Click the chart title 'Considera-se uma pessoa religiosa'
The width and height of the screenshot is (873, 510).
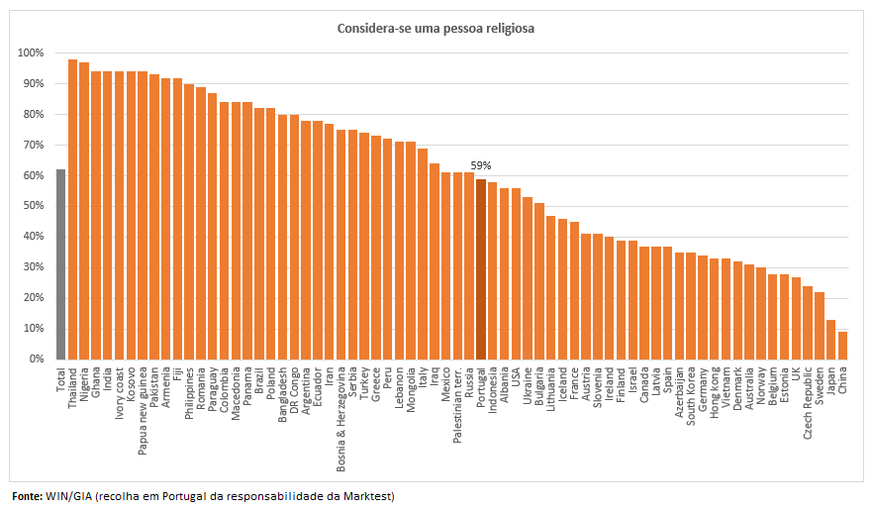click(436, 29)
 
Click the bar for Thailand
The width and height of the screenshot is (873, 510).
click(72, 209)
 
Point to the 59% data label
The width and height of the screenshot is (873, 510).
click(481, 166)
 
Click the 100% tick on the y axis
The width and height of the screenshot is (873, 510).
click(31, 53)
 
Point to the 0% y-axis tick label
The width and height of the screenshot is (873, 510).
click(36, 358)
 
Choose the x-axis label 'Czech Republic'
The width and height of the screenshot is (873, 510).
click(808, 401)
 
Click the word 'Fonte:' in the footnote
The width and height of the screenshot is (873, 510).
click(27, 495)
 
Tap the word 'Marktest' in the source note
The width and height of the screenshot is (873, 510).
click(369, 495)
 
